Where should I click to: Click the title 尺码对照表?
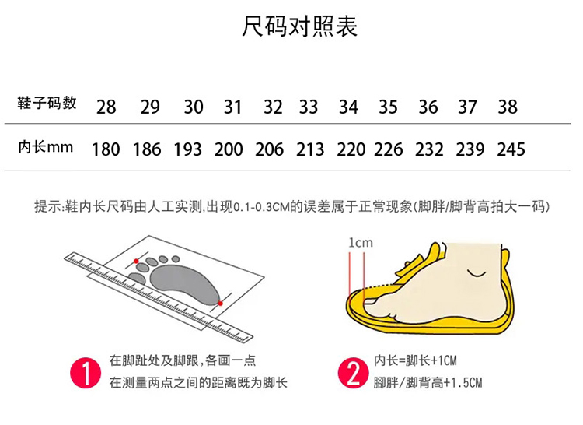point(299,26)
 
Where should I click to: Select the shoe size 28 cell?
point(106,107)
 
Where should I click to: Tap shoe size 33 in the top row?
point(309,107)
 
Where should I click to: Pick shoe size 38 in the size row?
point(508,107)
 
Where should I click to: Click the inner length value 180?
point(106,149)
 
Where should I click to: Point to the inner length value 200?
point(229,149)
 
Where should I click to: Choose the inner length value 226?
point(389,149)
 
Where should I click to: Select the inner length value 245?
point(511,149)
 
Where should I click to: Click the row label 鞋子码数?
point(47,103)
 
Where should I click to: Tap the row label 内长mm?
point(45,147)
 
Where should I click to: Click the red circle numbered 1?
point(86,373)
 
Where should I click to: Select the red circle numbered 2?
point(353,373)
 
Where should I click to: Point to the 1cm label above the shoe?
point(360,243)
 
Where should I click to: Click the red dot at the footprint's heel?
point(220,304)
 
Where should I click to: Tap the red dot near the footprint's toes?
point(136,262)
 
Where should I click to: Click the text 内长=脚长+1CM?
point(415,360)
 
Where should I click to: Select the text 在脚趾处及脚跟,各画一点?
point(183,360)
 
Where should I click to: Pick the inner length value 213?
point(310,149)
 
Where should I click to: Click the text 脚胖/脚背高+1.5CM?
point(428,382)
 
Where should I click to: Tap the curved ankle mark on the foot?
point(477,273)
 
